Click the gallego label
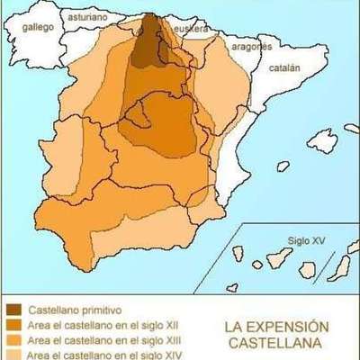click(x=39, y=27)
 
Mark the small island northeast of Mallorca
click(x=352, y=129)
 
